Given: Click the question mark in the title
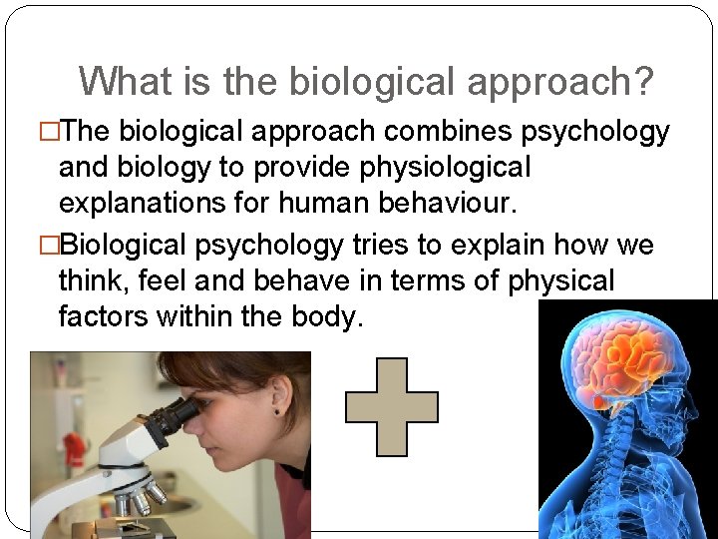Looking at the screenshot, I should click(643, 82).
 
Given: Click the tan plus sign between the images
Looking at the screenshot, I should click(391, 407).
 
